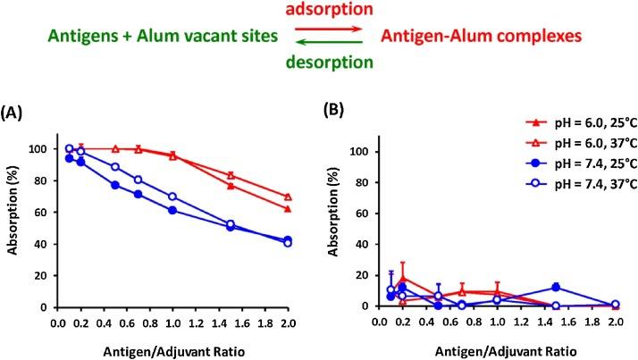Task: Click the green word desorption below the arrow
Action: coord(320,64)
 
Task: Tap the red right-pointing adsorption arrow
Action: coord(319,30)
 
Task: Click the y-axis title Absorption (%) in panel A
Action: coord(15,230)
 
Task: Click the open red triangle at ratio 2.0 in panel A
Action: coord(287,197)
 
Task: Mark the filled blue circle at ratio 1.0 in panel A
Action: coord(172,211)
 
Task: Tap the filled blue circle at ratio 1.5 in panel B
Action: coord(555,288)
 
